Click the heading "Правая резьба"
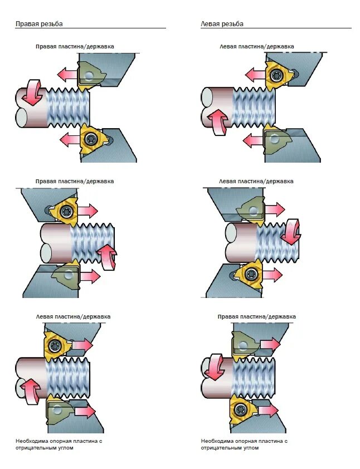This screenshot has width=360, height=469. (x=39, y=24)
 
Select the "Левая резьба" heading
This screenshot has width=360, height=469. (x=222, y=24)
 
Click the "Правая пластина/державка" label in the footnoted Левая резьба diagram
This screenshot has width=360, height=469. (x=256, y=316)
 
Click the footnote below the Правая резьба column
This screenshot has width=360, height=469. (x=59, y=444)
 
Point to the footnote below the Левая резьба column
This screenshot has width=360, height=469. (x=244, y=444)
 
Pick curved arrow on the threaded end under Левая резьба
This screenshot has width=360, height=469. (x=291, y=231)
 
